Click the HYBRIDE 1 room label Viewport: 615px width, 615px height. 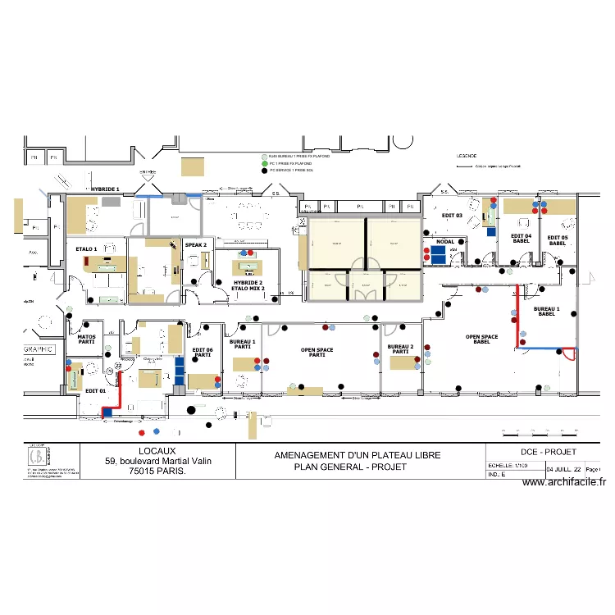pos(105,189)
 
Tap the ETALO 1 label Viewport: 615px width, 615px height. pos(86,248)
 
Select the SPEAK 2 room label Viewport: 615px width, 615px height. pos(195,244)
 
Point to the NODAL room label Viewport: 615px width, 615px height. pos(445,242)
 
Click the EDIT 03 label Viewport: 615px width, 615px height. pos(452,215)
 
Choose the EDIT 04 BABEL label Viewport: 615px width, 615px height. pos(522,239)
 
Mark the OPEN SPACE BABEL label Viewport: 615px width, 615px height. pos(482,339)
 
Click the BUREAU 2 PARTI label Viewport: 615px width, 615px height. pos(400,349)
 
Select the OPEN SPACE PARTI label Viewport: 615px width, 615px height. pos(317,352)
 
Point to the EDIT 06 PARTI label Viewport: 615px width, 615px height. pos(203,352)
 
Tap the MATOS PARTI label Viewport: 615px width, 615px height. pos(86,339)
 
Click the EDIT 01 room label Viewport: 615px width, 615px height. pos(96,391)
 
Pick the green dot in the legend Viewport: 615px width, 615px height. pos(264,163)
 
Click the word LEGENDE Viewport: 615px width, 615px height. pos(467,155)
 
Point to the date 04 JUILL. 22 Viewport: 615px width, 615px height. pos(564,469)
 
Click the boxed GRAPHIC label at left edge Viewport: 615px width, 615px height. pos(39,348)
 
